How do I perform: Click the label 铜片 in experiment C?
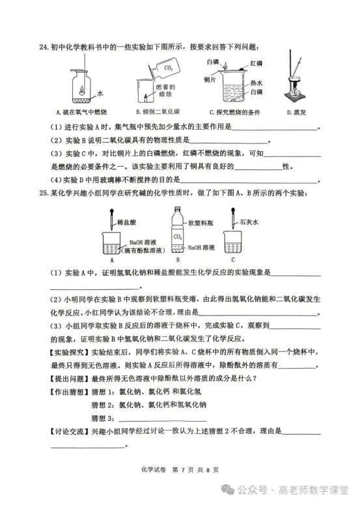tap(210, 79)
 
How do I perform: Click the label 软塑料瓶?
tap(201, 222)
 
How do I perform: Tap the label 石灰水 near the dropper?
tap(249, 222)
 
